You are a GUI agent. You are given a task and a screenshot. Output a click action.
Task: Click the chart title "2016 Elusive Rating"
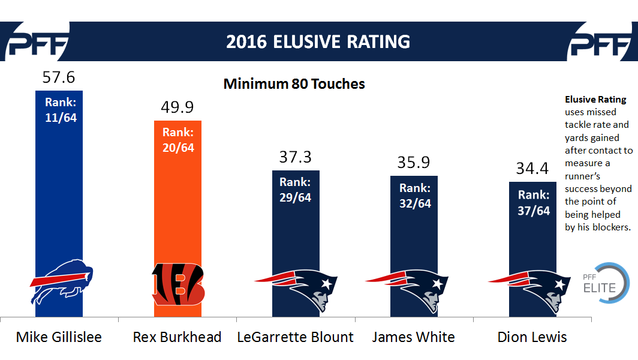pos(318,41)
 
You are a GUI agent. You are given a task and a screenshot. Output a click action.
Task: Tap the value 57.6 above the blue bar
pos(59,77)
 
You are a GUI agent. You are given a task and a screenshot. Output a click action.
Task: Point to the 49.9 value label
pos(177,107)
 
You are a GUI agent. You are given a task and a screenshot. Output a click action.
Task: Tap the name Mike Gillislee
pos(59,337)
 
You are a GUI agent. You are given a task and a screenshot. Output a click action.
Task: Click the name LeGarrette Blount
pos(296,337)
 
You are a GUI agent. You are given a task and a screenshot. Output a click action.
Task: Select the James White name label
pos(413,337)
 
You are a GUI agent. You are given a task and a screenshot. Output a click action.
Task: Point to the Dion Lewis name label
pos(532,337)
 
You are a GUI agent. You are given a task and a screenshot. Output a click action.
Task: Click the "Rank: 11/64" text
pos(61,110)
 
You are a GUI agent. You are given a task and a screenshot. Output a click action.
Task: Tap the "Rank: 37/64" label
pos(534,203)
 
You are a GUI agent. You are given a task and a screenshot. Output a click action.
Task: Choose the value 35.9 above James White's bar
pos(414,163)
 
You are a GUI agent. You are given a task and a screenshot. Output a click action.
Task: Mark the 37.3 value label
pos(296,157)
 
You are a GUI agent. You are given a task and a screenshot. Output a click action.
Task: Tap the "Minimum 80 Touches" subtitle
pos(294,84)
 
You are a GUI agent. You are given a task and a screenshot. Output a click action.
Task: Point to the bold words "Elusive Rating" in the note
pos(595,100)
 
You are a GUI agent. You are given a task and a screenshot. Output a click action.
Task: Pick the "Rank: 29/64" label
pos(296,190)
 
